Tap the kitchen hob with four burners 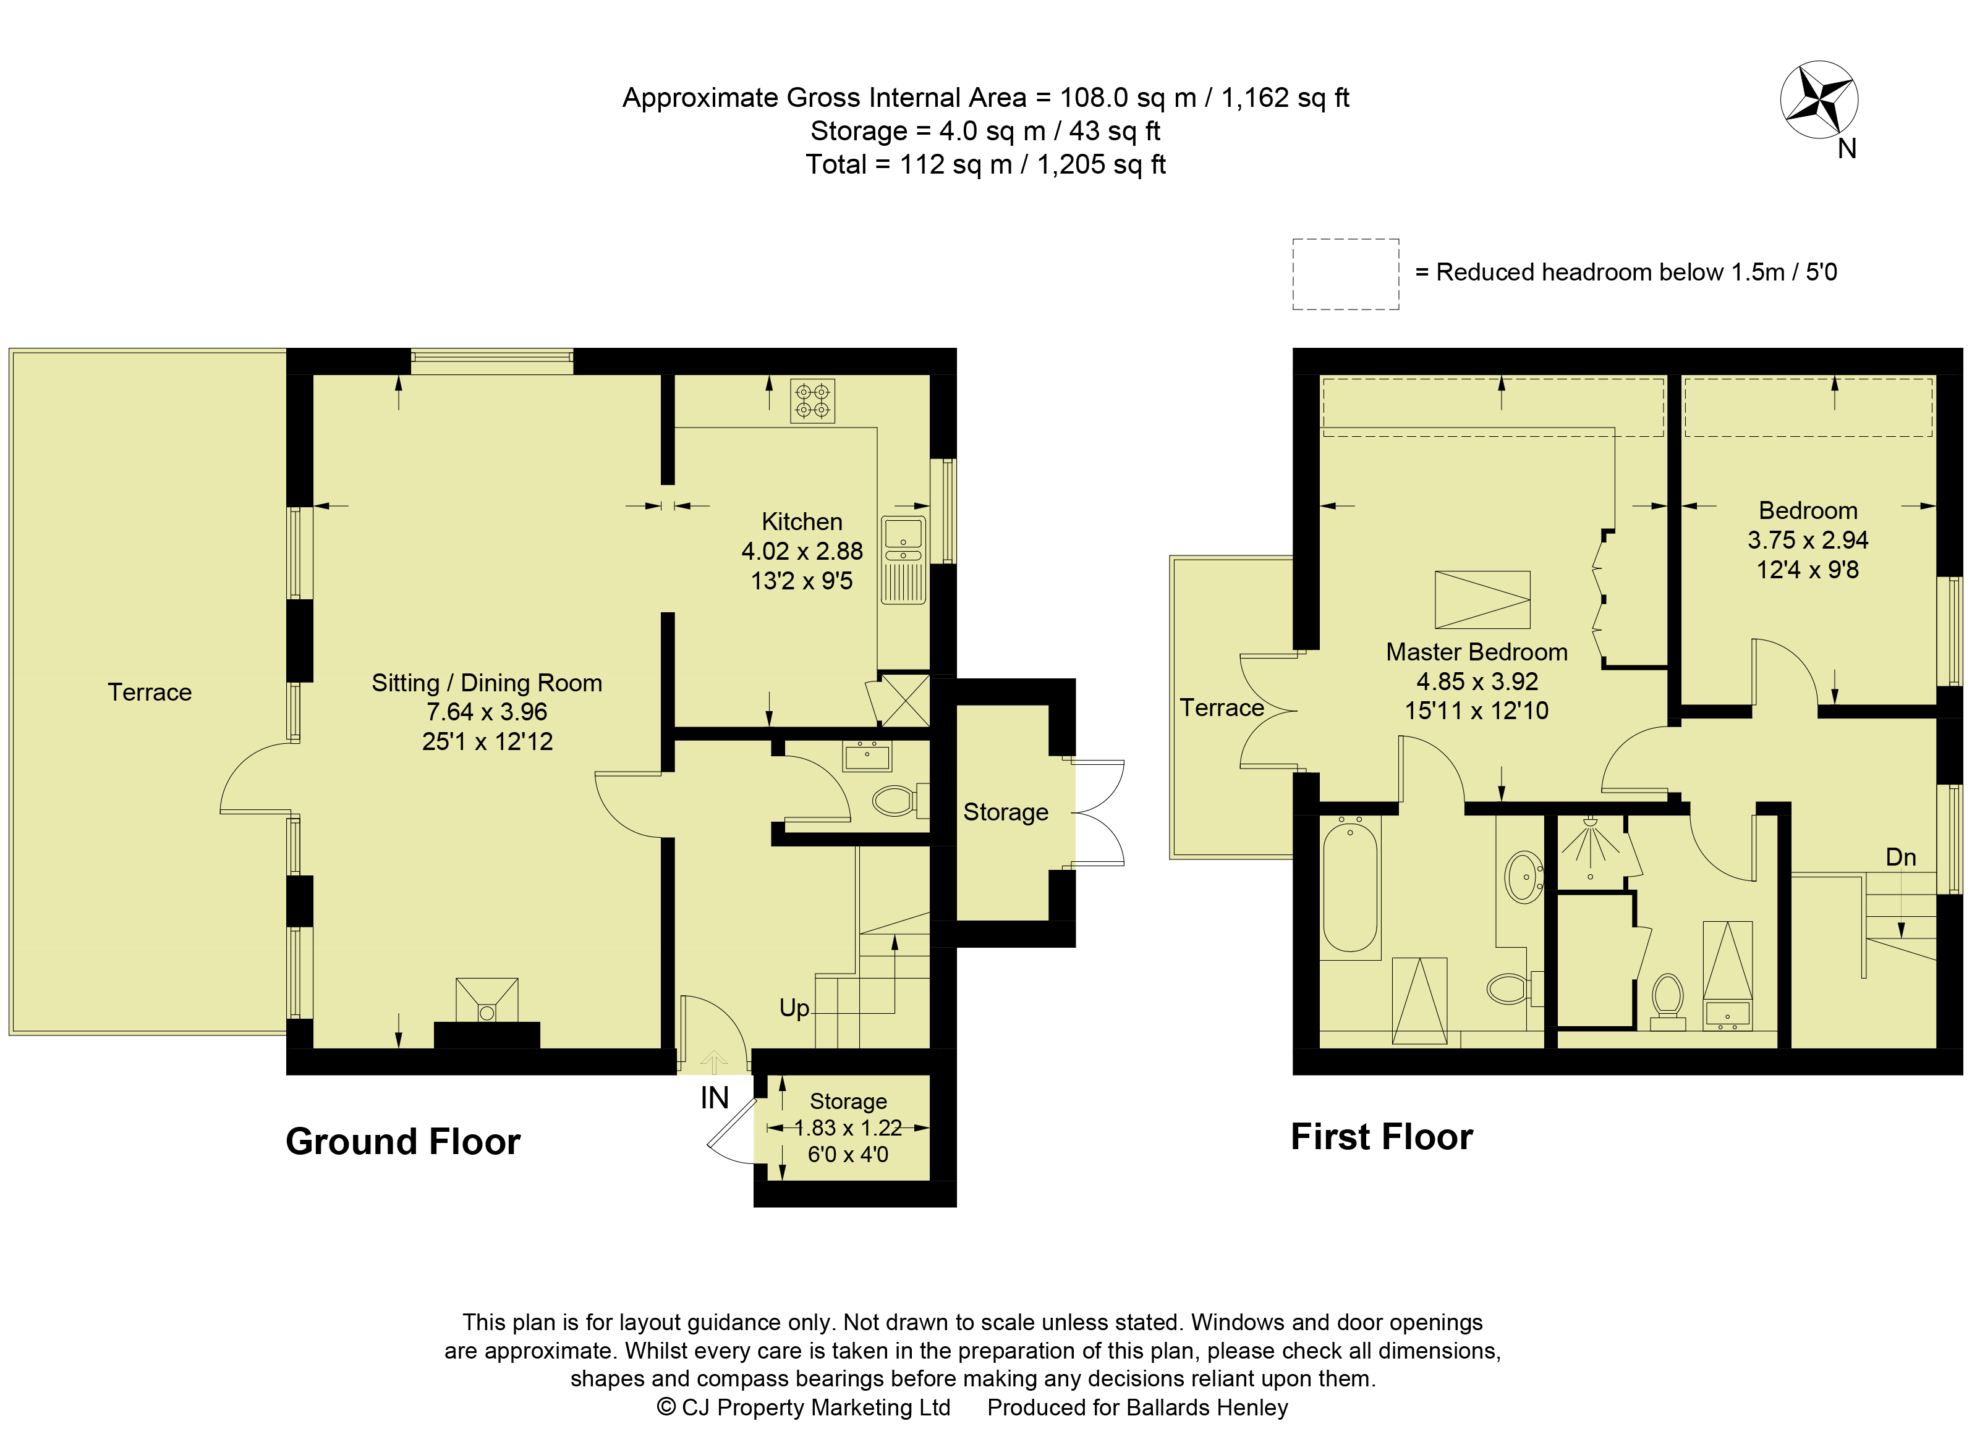(x=812, y=401)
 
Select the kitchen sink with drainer (x=903, y=560)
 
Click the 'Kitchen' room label (x=802, y=521)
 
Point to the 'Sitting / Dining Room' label (x=487, y=683)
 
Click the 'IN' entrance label (x=715, y=1098)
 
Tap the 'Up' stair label (x=794, y=1008)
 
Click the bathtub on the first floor (x=1350, y=887)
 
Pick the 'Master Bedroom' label (x=1476, y=652)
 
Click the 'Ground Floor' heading (x=402, y=1141)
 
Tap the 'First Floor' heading (x=1382, y=1137)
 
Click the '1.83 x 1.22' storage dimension (x=848, y=1128)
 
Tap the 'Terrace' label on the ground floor (x=150, y=692)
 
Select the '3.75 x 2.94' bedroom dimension (x=1808, y=540)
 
